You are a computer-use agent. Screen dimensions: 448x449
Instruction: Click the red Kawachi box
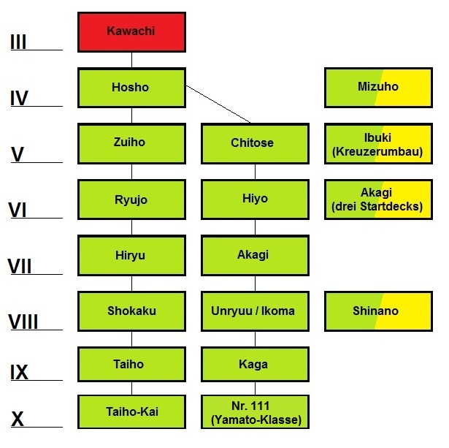(131, 31)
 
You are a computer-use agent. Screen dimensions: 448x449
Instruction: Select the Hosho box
(131, 88)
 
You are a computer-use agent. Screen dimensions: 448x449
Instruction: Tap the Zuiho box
(131, 143)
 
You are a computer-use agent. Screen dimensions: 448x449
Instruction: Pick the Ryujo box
(131, 199)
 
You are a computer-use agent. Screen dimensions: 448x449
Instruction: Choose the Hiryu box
(131, 254)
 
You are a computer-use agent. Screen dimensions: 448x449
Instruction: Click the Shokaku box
(131, 311)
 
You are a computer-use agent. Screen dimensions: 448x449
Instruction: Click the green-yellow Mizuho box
(378, 87)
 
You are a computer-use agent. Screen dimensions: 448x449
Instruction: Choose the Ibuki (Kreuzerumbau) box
(378, 143)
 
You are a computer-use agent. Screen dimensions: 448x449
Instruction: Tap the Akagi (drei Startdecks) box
(378, 199)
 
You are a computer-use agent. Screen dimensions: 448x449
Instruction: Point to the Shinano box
(378, 311)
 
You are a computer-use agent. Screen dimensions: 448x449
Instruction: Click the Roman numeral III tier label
(19, 42)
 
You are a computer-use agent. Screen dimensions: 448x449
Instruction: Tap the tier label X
(18, 419)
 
